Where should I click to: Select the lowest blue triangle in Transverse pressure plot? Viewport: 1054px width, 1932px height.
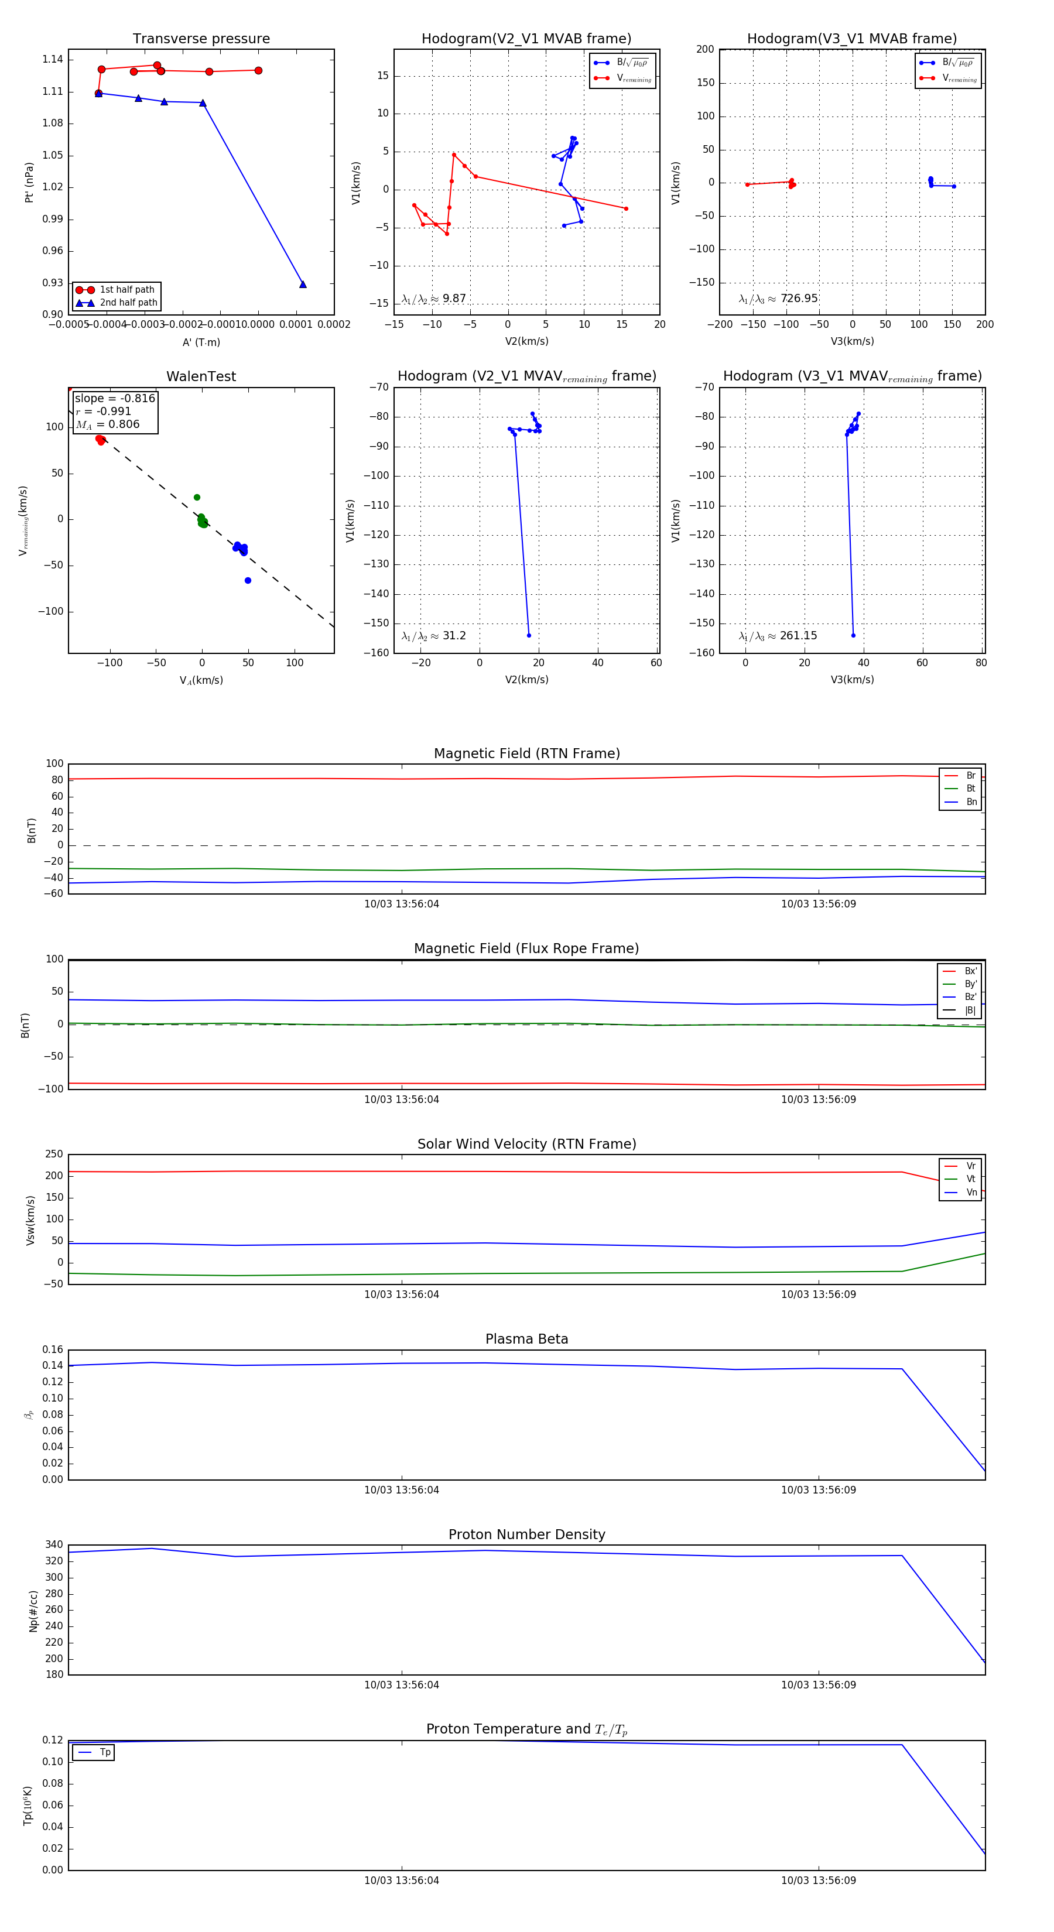point(302,285)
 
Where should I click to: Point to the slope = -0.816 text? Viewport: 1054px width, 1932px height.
point(115,398)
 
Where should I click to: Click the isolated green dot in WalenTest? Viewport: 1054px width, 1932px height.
point(197,497)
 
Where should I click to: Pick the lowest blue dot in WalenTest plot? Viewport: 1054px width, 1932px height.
point(248,581)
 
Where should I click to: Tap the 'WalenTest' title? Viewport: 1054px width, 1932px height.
point(201,376)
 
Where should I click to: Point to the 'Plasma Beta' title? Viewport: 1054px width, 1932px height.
point(526,1339)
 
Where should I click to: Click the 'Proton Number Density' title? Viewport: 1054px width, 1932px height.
point(526,1534)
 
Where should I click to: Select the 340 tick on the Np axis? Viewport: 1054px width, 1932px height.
point(54,1544)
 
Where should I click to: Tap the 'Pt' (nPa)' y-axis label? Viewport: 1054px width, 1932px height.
point(29,182)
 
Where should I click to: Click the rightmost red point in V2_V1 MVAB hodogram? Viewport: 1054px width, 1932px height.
point(625,208)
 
